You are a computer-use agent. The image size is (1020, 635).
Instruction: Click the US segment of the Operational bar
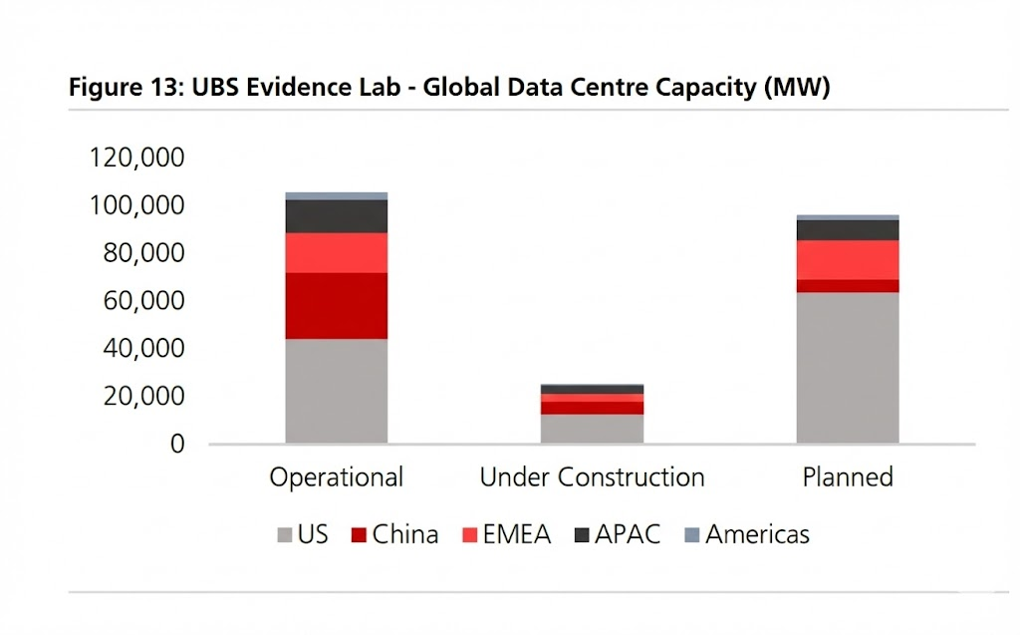(x=336, y=391)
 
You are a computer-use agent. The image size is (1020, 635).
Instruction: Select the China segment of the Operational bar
(x=336, y=306)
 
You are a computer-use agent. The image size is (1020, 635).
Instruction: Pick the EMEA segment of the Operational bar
(x=336, y=253)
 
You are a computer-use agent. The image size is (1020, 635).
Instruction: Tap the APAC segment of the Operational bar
(x=336, y=216)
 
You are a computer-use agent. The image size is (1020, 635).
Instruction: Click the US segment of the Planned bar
(x=848, y=368)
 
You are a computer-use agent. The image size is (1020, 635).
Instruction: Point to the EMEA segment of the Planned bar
(x=848, y=260)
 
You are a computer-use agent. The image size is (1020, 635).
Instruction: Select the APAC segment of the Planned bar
(x=848, y=230)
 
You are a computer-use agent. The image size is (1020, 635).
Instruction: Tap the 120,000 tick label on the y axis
(x=137, y=158)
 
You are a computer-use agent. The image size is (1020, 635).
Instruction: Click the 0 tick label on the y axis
(x=177, y=445)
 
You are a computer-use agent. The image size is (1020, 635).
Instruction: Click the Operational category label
(x=336, y=477)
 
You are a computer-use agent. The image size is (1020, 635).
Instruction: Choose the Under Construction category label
(x=592, y=477)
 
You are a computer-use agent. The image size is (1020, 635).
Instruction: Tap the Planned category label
(x=848, y=477)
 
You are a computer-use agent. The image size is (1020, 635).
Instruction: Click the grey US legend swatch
(x=284, y=536)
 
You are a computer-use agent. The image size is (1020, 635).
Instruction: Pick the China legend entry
(x=394, y=535)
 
